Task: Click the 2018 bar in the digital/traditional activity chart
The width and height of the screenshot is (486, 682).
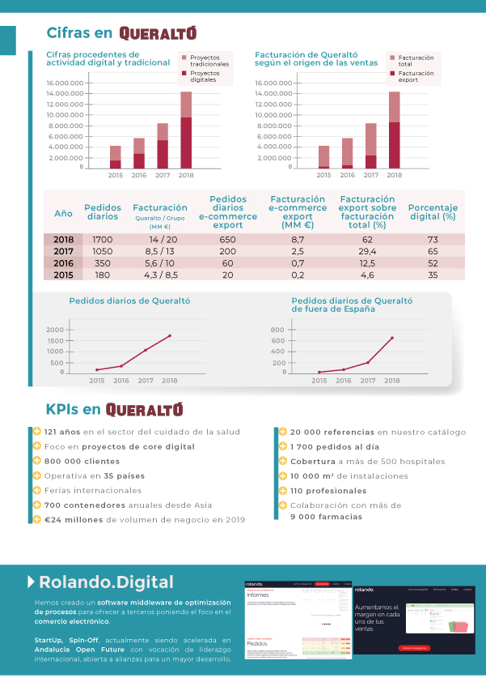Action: [186, 130]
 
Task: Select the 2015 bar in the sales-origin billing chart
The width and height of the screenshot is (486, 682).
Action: [324, 157]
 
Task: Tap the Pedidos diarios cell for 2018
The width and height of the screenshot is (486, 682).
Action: [103, 240]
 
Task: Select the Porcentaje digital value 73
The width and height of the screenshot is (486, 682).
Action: [433, 240]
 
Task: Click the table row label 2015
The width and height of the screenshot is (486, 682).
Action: [63, 275]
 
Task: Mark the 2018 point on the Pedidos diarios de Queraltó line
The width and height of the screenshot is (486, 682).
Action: [170, 335]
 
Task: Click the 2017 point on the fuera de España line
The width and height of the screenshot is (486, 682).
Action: [368, 362]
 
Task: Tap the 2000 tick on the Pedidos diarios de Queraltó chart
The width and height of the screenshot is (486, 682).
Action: [55, 330]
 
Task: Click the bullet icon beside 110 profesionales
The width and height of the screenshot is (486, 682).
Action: [283, 490]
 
